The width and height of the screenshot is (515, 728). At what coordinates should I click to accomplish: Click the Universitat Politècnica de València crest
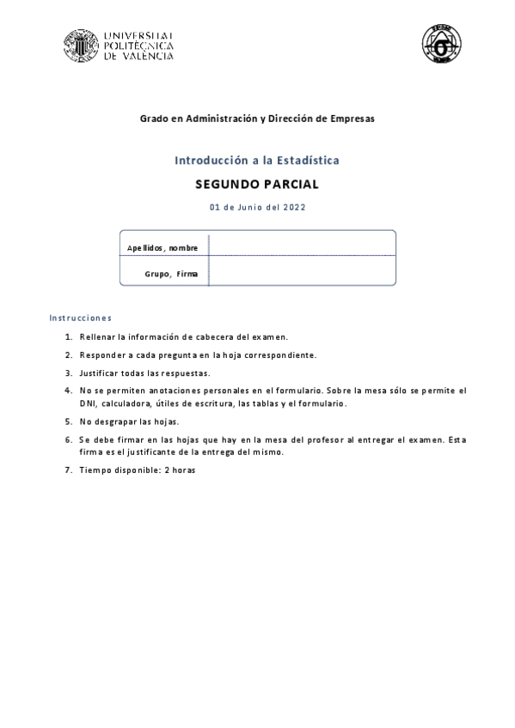tap(81, 45)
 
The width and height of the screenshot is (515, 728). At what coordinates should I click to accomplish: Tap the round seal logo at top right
tap(441, 44)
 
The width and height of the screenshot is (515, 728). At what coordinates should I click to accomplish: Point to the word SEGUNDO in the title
tap(227, 184)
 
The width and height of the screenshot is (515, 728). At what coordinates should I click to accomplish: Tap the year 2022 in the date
tap(294, 207)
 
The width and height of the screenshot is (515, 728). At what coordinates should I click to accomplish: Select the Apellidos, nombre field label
tap(162, 248)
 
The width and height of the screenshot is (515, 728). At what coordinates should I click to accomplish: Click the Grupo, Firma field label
tap(171, 274)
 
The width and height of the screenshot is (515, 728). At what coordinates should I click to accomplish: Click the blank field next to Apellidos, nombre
tap(302, 244)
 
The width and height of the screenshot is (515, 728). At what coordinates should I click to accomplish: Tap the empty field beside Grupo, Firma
tap(302, 270)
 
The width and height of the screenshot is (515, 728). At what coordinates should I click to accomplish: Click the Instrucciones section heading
tap(81, 318)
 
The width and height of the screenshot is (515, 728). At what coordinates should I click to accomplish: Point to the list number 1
tap(68, 337)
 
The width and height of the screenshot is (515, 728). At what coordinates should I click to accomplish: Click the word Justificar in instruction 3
tap(100, 373)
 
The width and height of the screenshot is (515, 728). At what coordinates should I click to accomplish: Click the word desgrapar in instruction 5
tap(120, 422)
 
